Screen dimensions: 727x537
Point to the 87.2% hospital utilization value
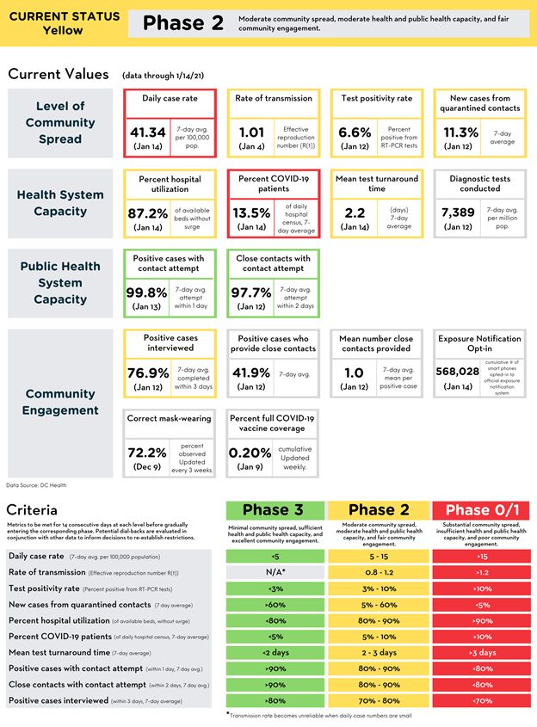tap(147, 212)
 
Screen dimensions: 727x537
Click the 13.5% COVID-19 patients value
tap(251, 212)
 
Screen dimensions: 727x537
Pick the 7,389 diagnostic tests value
tap(458, 212)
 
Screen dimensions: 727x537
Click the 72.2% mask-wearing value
tap(147, 451)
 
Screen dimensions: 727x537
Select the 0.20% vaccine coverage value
tap(251, 451)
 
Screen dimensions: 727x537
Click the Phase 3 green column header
tap(275, 511)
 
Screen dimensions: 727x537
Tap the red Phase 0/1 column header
tap(480, 511)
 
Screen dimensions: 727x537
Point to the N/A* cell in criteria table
tap(275, 572)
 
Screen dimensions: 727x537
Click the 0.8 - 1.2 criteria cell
tap(377, 572)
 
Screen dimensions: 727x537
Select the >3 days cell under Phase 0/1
tap(480, 653)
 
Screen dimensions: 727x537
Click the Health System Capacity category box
tap(60, 203)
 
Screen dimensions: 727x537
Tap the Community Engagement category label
tap(60, 402)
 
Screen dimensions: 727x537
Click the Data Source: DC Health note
tap(36, 485)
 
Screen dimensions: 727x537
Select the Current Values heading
tap(59, 75)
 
